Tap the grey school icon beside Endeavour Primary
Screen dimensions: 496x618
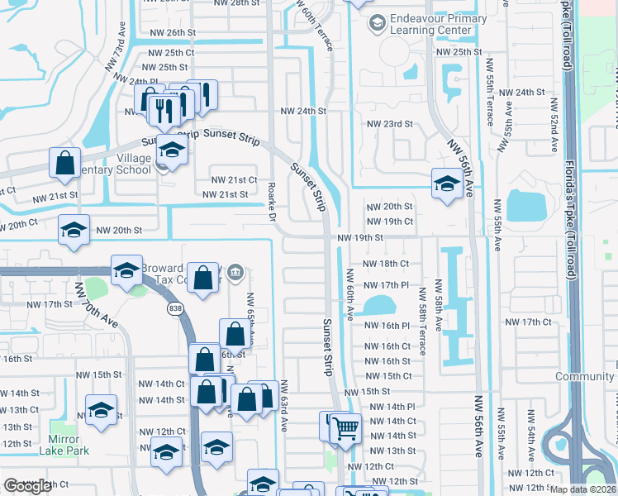378,21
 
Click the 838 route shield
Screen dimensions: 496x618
180,308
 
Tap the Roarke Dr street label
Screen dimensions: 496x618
272,203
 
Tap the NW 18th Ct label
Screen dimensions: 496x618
388,263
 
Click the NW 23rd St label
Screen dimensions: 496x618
389,124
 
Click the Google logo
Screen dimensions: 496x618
28,486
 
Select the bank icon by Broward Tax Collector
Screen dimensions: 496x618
236,271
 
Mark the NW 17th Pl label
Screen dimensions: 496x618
388,285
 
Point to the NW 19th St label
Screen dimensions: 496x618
360,237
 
